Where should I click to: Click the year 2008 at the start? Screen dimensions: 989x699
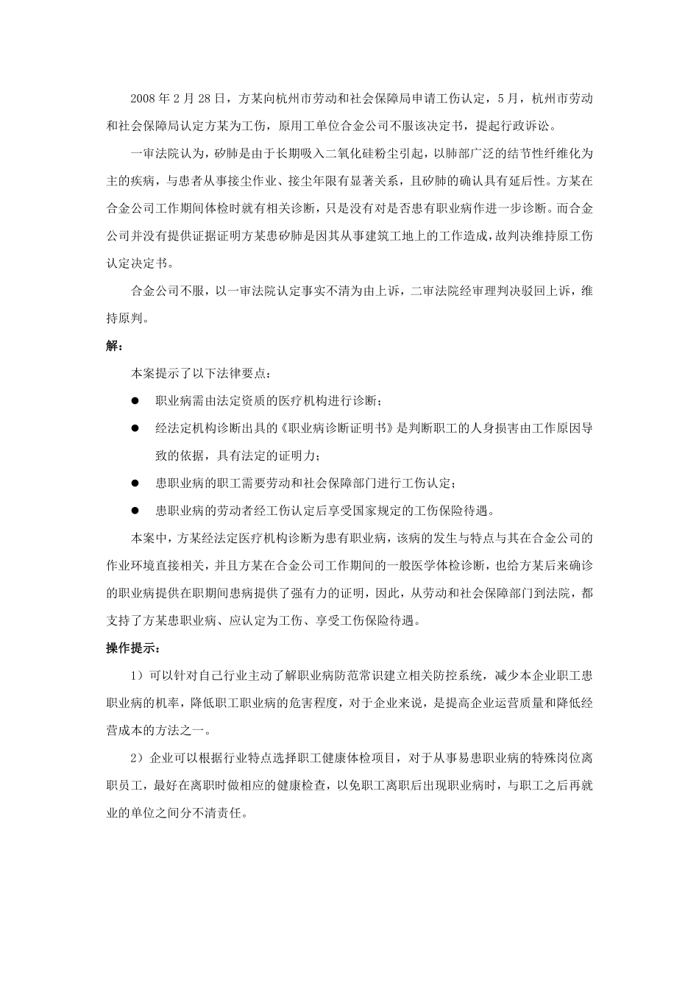pos(143,98)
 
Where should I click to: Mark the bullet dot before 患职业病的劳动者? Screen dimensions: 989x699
pos(135,511)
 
